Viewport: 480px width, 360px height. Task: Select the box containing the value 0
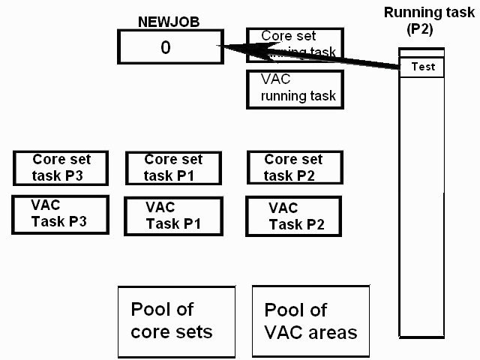tap(166, 47)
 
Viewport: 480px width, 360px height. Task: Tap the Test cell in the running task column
tap(422, 67)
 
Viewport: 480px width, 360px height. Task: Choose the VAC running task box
tap(295, 88)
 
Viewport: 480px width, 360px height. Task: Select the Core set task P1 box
tap(173, 168)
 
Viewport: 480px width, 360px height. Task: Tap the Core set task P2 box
tap(295, 168)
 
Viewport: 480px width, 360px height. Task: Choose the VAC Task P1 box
tap(173, 216)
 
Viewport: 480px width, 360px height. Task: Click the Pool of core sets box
tap(172, 321)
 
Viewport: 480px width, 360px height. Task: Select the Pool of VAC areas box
tap(311, 321)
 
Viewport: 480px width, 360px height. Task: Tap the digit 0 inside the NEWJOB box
tap(166, 47)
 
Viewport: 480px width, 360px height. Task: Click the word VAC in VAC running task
tap(275, 79)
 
